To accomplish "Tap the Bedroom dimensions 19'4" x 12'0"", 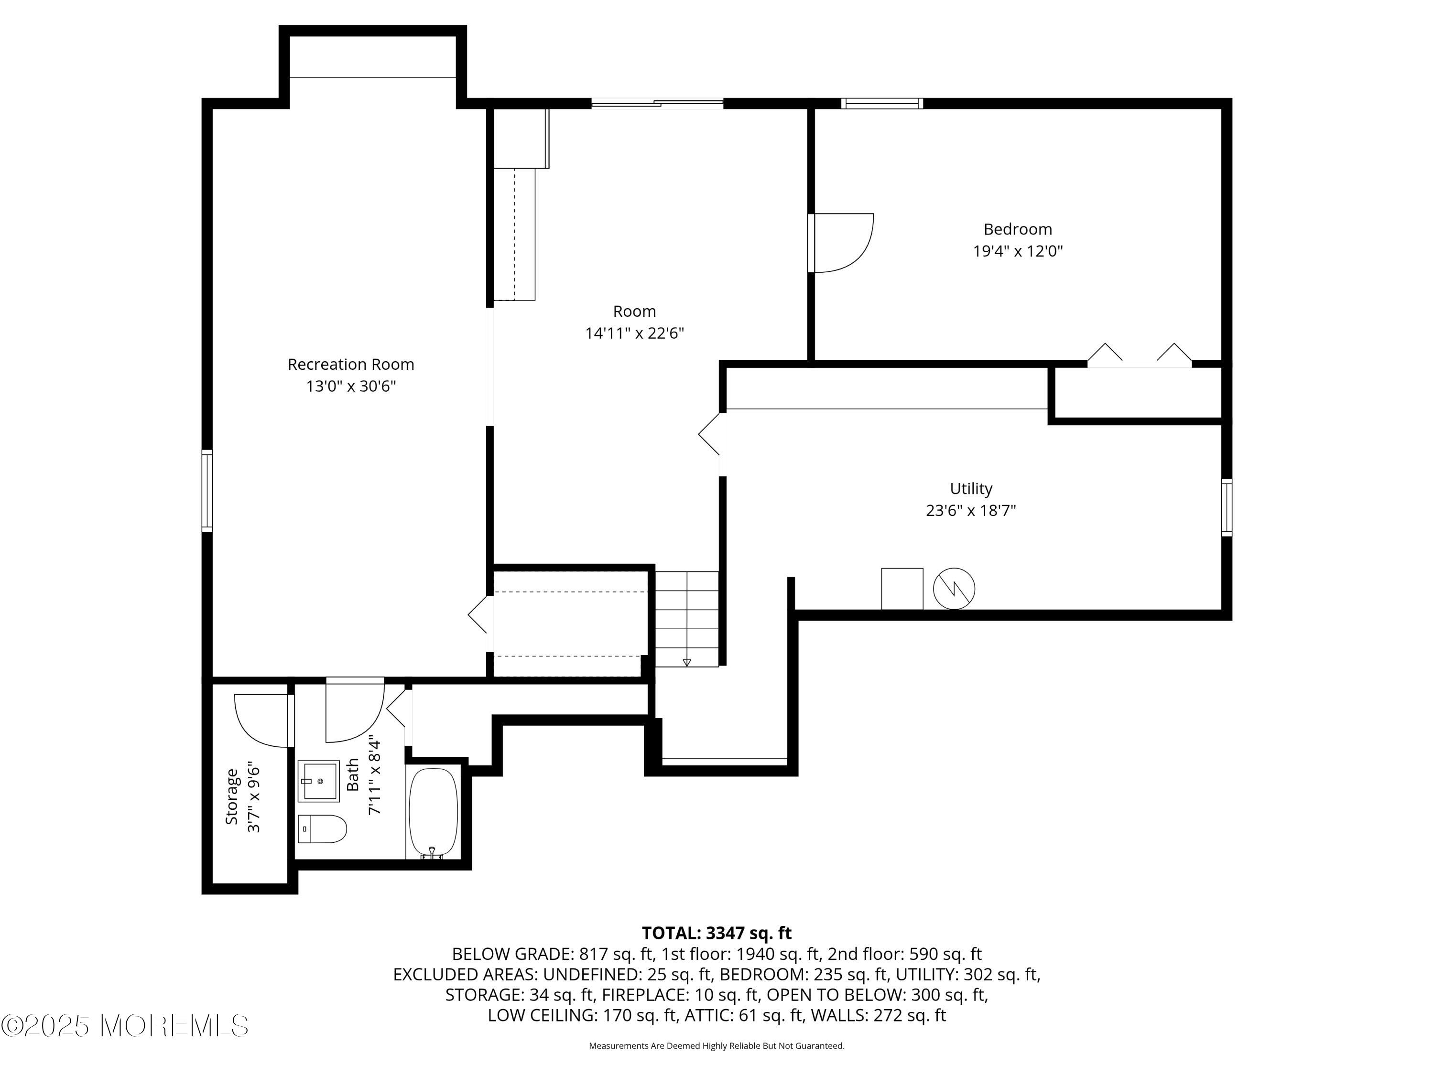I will coord(1017,251).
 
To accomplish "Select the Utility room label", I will coord(970,489).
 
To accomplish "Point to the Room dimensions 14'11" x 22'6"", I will coord(634,333).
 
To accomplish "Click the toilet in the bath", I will coord(322,829).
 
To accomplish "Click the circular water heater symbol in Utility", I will coord(954,588).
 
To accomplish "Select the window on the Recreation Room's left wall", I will coord(207,491).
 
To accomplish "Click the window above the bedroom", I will coord(881,103).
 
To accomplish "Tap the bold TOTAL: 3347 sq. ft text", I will coord(717,933).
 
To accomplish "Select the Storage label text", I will coord(231,796).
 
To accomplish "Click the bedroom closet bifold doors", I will coord(1139,356).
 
